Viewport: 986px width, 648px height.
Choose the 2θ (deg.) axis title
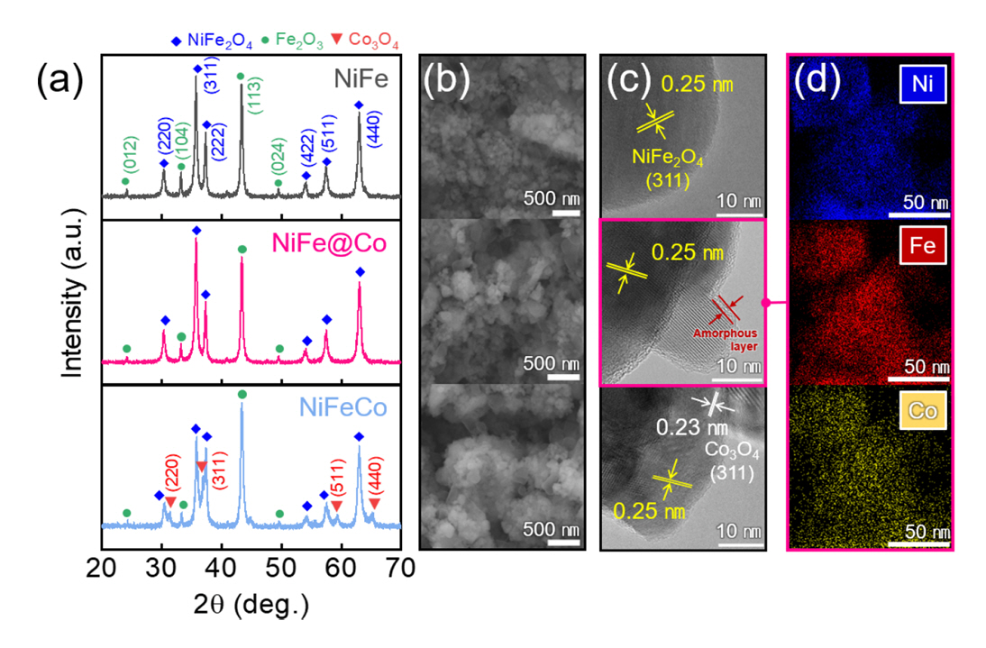point(250,601)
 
